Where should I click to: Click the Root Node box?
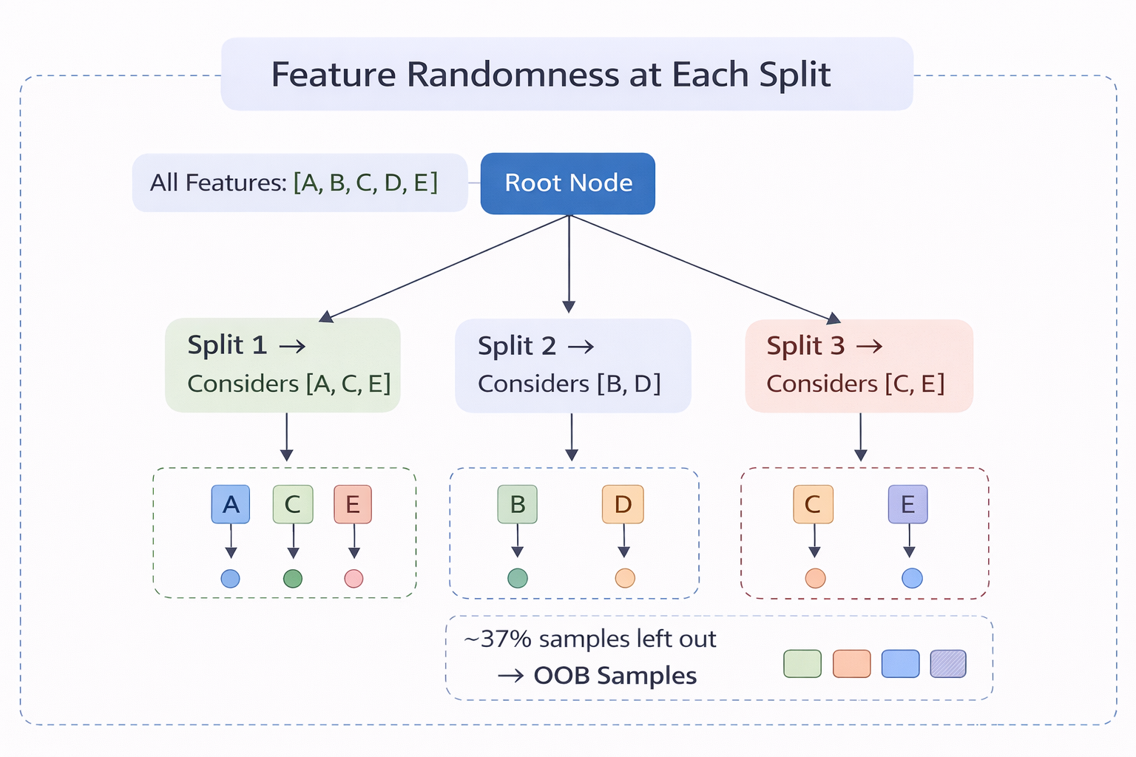click(x=567, y=183)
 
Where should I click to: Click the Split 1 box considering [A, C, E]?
click(x=283, y=364)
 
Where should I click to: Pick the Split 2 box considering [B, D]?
click(x=572, y=365)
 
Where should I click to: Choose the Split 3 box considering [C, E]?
click(x=859, y=365)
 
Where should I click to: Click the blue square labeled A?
click(x=231, y=504)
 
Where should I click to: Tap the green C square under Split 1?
click(x=293, y=504)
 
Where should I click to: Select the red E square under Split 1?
click(x=353, y=504)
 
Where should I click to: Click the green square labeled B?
click(x=518, y=504)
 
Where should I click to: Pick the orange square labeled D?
click(x=623, y=504)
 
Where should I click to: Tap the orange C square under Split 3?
click(x=813, y=504)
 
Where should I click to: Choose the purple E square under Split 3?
click(x=907, y=504)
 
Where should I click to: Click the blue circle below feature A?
click(x=231, y=578)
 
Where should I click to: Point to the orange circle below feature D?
click(x=625, y=578)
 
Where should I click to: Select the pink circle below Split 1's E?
click(x=354, y=578)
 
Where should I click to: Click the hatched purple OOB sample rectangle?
click(x=948, y=664)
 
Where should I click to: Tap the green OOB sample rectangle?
click(x=802, y=664)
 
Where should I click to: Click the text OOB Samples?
click(x=615, y=676)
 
